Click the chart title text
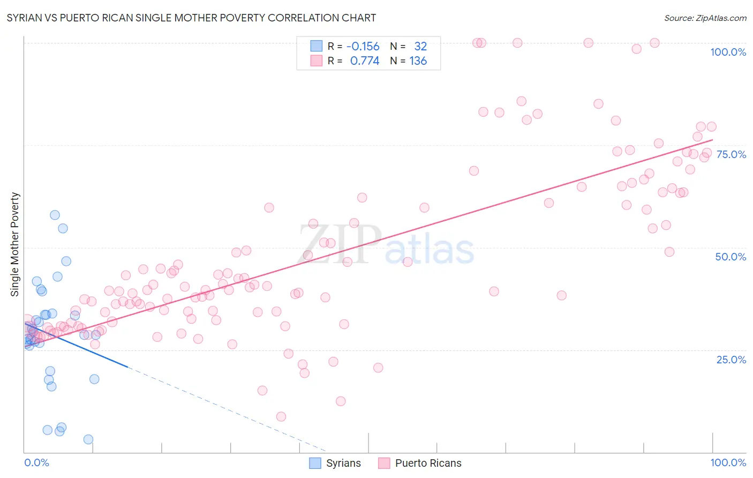point(191,18)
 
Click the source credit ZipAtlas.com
point(705,18)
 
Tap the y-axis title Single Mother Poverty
point(15,244)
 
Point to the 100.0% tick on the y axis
point(728,52)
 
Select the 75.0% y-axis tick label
point(731,154)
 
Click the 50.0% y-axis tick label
point(731,257)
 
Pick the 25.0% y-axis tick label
point(731,360)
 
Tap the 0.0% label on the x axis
point(36,462)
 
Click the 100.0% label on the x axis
point(728,462)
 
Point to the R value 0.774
point(364,61)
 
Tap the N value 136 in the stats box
point(418,61)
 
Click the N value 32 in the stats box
point(420,47)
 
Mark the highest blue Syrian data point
point(55,215)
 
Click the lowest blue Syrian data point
point(88,439)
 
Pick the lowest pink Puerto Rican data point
point(281,416)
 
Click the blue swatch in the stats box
point(317,47)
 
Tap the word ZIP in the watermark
point(340,244)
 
